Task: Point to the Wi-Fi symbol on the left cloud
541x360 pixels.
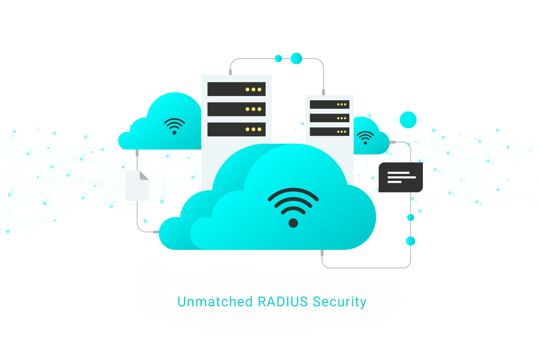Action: click(174, 126)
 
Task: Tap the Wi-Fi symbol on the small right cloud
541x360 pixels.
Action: click(365, 137)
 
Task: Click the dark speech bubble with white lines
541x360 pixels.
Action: click(400, 177)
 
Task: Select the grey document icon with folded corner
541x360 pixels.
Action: click(137, 186)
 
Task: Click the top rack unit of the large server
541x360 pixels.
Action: click(236, 89)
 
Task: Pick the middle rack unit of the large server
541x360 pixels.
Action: click(236, 109)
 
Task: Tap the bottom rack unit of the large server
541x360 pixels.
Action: click(236, 129)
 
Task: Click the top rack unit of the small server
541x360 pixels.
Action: click(330, 105)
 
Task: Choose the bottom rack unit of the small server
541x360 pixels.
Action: click(330, 132)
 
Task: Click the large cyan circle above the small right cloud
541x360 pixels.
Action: click(408, 120)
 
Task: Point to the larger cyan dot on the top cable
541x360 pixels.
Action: click(296, 58)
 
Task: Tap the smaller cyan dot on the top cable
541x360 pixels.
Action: click(278, 58)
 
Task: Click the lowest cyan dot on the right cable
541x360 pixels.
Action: click(410, 241)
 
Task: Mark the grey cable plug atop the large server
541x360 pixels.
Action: click(230, 72)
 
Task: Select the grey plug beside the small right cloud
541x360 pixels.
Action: click(392, 142)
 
